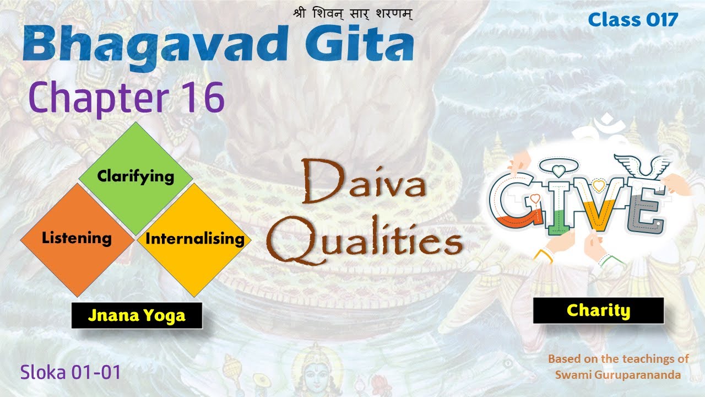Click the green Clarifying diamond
pos(135,177)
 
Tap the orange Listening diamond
pos(77,238)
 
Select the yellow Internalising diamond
pos(194,239)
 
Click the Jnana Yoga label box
pos(137,316)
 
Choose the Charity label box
pos(598,310)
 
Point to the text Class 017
pos(633,20)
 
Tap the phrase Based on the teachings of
pos(618,359)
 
